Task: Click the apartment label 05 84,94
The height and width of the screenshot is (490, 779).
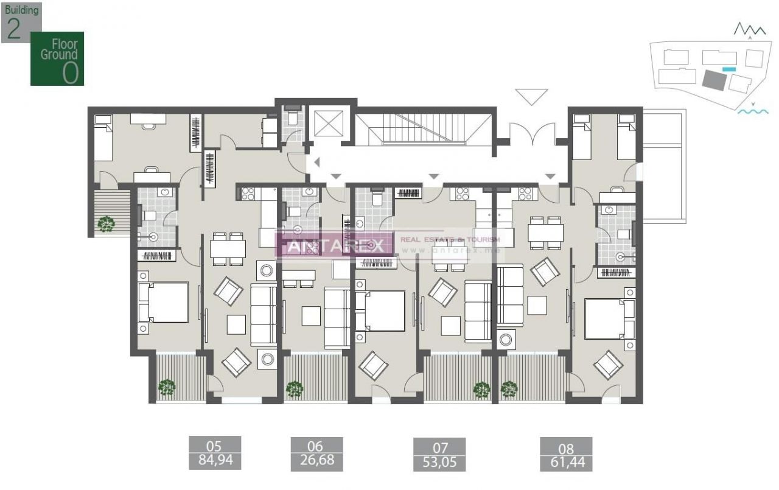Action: [x=214, y=453]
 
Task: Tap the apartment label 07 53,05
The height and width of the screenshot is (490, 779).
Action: [x=439, y=454]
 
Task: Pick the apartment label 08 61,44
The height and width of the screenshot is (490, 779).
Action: [x=565, y=454]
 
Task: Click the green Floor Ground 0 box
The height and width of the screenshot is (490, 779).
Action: [x=57, y=58]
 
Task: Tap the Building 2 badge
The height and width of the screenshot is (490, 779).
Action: [x=21, y=22]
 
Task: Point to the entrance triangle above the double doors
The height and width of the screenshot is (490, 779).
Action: [x=531, y=96]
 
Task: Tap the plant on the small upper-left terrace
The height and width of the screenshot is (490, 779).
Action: [x=107, y=224]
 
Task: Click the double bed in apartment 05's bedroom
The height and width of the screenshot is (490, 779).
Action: [x=163, y=303]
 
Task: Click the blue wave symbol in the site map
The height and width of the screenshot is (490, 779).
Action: [x=752, y=111]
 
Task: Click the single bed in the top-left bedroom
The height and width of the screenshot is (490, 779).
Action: [x=103, y=138]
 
